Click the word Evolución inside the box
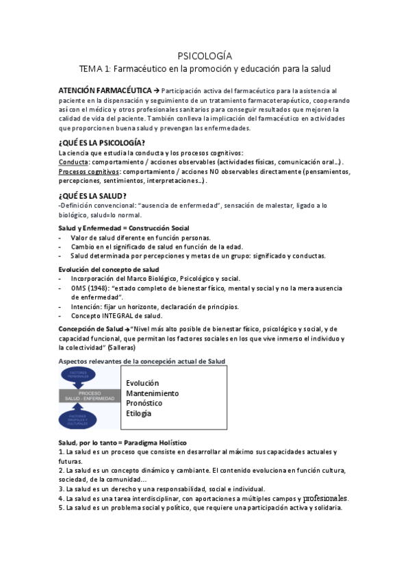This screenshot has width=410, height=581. click(142, 383)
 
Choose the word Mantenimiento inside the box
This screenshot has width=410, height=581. click(153, 393)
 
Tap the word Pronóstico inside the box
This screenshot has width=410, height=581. click(144, 404)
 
